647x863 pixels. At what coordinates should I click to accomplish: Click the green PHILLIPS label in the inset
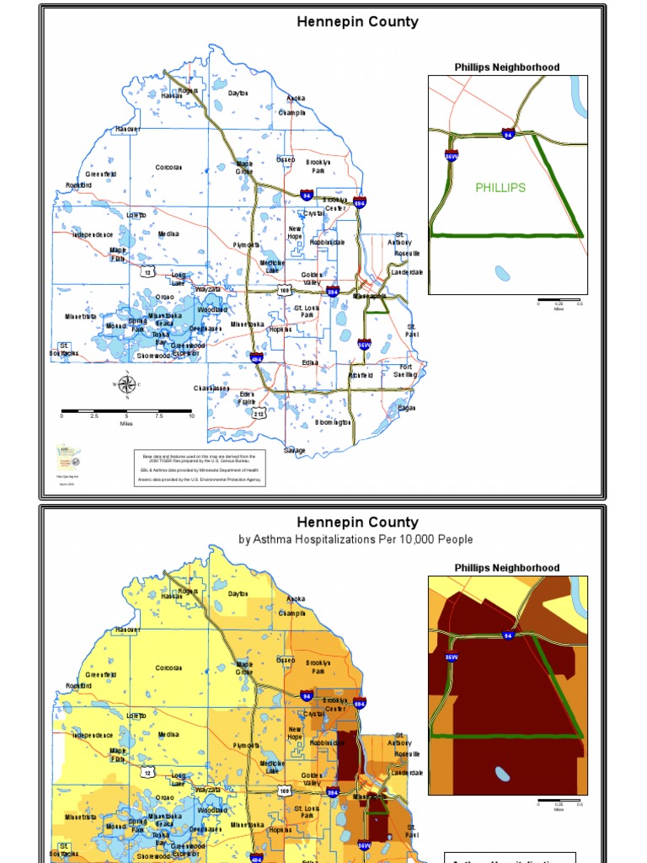pyautogui.click(x=500, y=188)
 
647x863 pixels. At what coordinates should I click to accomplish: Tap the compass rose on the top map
pyautogui.click(x=126, y=385)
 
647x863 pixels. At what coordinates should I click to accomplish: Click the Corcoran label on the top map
pyautogui.click(x=168, y=168)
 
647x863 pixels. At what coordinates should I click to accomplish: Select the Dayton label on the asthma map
pyautogui.click(x=238, y=594)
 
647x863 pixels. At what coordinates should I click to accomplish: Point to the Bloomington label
pyautogui.click(x=334, y=422)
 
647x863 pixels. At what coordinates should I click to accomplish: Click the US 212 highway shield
pyautogui.click(x=259, y=414)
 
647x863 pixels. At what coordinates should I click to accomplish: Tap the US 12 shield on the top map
pyautogui.click(x=147, y=272)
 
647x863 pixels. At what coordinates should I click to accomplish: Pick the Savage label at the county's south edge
pyautogui.click(x=295, y=451)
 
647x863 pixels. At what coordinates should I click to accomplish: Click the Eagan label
pyautogui.click(x=407, y=408)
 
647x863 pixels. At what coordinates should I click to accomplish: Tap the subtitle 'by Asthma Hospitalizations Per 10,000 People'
pyautogui.click(x=356, y=539)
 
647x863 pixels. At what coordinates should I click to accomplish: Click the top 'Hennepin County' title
pyautogui.click(x=357, y=22)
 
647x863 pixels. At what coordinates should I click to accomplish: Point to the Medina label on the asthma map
pyautogui.click(x=168, y=734)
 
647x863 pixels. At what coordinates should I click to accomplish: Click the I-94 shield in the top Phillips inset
pyautogui.click(x=508, y=134)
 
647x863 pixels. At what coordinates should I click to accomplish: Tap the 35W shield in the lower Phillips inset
pyautogui.click(x=452, y=657)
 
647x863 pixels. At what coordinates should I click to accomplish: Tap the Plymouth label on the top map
pyautogui.click(x=247, y=245)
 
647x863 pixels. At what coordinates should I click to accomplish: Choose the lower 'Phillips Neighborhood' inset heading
pyautogui.click(x=507, y=568)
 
